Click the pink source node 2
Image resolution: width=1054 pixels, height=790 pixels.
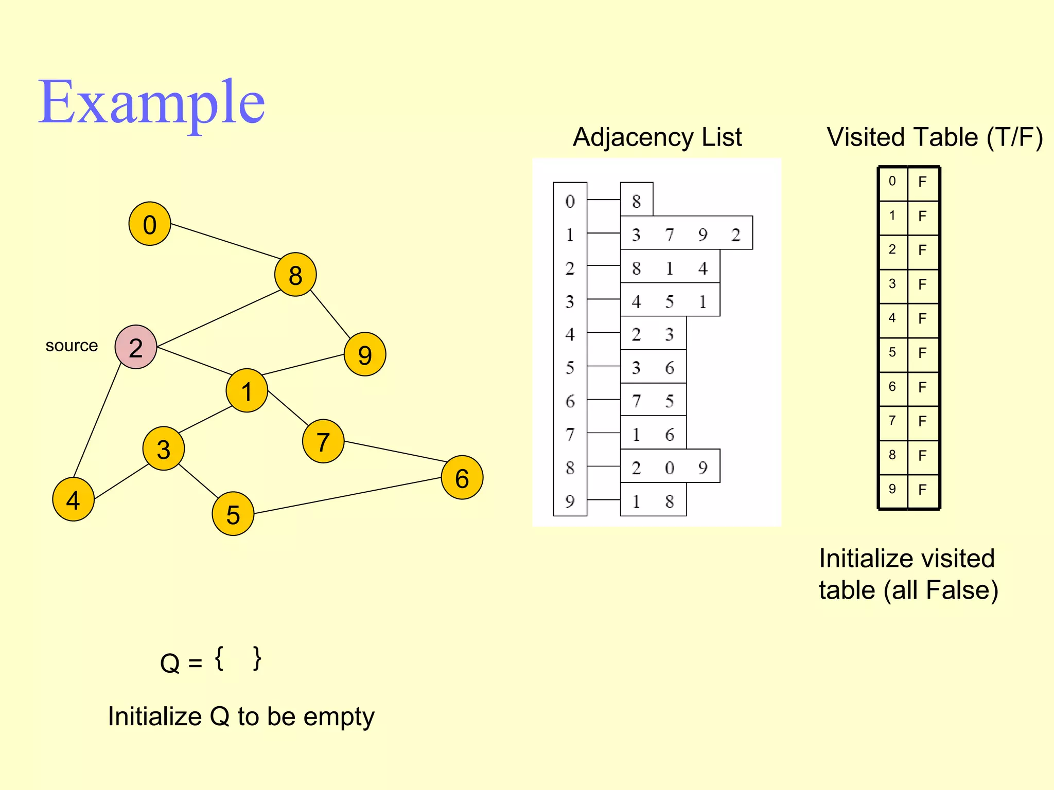tap(136, 347)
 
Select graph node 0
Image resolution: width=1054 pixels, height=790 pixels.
tap(150, 224)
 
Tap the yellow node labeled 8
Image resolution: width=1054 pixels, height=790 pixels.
tap(295, 275)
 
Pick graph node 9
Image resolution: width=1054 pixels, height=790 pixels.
tap(365, 354)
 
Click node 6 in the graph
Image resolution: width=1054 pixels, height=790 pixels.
tap(462, 478)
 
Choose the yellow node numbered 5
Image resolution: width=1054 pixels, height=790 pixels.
tap(233, 514)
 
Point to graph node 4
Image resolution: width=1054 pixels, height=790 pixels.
tap(74, 499)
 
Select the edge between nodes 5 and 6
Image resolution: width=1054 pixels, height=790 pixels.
tap(347, 496)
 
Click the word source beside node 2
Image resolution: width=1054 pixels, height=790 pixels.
tap(72, 346)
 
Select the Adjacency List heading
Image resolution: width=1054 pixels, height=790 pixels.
tap(657, 137)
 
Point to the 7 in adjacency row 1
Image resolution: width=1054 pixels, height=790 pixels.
tap(669, 235)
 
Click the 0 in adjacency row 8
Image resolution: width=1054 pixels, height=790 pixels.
tap(669, 468)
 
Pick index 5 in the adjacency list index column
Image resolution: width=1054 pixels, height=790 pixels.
tap(570, 368)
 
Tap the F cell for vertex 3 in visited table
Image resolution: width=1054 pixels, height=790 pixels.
tap(922, 284)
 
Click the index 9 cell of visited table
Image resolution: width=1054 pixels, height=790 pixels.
tap(892, 489)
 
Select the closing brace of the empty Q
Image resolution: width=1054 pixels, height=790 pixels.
tap(257, 659)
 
